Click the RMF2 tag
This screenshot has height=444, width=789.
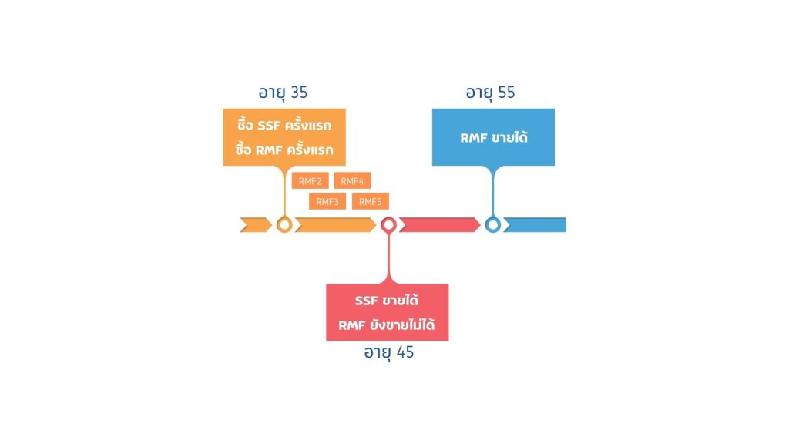310,180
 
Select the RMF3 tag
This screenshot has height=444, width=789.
327,201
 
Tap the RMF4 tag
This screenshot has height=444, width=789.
352,180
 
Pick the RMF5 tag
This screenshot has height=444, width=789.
371,201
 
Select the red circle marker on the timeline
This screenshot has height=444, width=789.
388,219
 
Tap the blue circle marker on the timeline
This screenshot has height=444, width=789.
492,219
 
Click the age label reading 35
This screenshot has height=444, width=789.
283,93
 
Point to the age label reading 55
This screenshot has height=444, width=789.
490,93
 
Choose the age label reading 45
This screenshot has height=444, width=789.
388,352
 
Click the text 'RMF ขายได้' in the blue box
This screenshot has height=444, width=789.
494,137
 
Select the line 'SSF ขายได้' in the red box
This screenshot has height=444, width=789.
387,300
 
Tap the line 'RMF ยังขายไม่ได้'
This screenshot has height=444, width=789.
387,325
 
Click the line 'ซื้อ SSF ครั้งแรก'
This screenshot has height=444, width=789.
284,125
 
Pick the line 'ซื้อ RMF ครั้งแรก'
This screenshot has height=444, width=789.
284,150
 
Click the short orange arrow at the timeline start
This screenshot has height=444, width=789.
256,225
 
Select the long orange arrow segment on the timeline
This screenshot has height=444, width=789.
336,225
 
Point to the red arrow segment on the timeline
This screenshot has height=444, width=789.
440,225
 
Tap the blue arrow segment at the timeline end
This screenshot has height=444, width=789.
535,225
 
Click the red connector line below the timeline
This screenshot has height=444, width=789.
388,257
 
